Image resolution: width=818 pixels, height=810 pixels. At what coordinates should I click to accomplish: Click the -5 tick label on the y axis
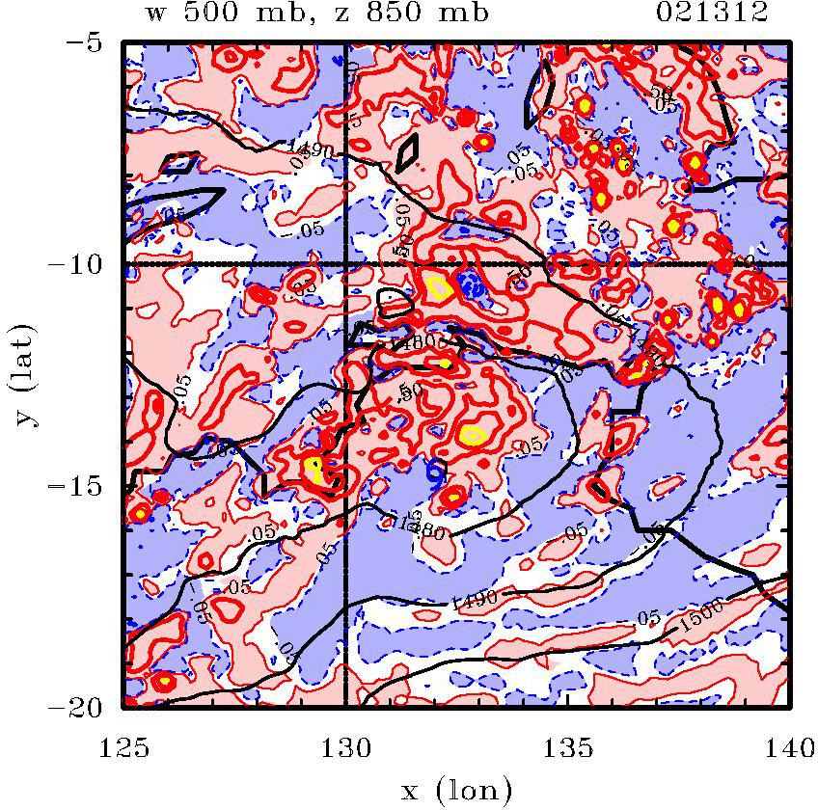(x=91, y=44)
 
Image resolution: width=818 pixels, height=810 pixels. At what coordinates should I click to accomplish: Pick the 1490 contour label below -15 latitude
(x=474, y=599)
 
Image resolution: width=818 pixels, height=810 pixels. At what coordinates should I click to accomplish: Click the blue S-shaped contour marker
(x=435, y=471)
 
